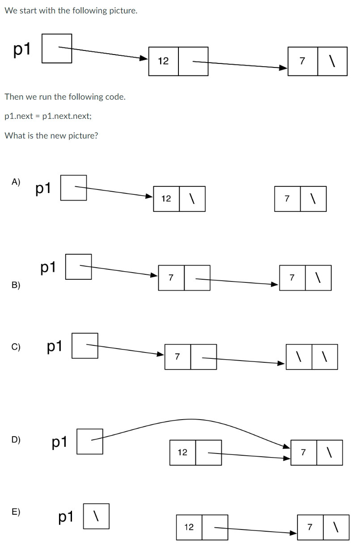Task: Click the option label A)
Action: point(16,181)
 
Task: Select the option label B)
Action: point(16,285)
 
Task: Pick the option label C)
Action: point(16,346)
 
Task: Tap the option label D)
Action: point(16,439)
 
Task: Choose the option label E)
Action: point(16,512)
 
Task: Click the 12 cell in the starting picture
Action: point(163,61)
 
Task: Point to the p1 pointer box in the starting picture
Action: point(57,48)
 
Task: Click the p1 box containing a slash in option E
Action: point(96,516)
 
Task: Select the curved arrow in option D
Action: point(192,420)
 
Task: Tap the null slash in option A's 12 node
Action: point(192,199)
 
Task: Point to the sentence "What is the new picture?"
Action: point(51,136)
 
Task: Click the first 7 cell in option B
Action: point(171,278)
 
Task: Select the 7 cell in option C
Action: point(178,357)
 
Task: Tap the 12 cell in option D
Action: point(182,453)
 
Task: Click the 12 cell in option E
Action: point(189,527)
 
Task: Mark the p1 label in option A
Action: point(44,189)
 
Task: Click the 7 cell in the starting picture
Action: point(302,61)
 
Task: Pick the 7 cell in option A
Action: point(287,199)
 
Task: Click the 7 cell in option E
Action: point(310,527)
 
